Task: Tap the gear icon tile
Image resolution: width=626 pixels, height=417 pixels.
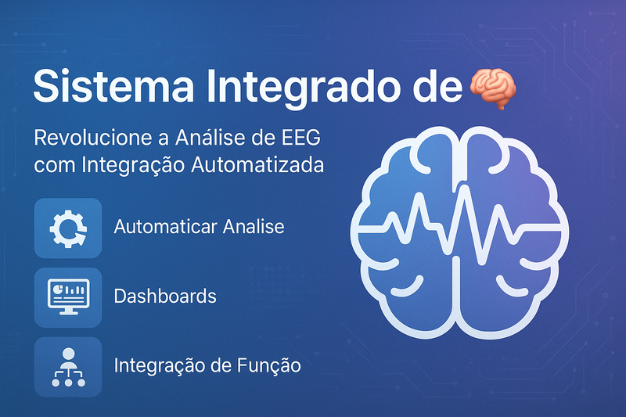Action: pos(68,228)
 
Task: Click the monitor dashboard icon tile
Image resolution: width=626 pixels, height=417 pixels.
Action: pos(68,297)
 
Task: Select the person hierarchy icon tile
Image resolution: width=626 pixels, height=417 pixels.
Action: pos(68,365)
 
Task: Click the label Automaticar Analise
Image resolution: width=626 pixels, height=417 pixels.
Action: pos(199,228)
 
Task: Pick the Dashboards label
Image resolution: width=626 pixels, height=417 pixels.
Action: pos(165,297)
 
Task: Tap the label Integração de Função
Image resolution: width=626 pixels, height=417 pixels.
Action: pos(207,365)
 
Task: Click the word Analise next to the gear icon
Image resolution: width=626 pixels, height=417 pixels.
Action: pos(254,228)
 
